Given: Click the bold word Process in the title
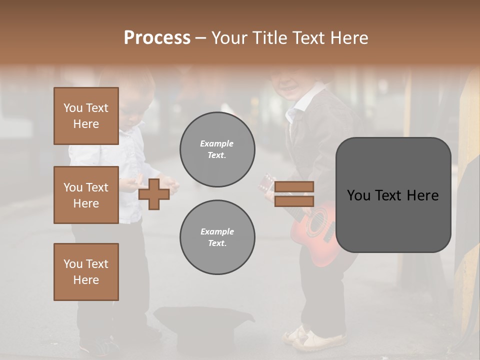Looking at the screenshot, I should tap(157, 38).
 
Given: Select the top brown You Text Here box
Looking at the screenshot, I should tap(86, 116).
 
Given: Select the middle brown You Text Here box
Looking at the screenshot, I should tap(86, 195).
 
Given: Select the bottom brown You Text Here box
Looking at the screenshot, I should tap(86, 271).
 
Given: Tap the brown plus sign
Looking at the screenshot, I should tap(154, 194).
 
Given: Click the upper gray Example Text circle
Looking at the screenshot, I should tap(217, 149).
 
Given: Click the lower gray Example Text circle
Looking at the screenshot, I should tap(217, 237).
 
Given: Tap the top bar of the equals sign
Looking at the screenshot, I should tap(294, 186).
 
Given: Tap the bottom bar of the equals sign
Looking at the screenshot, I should tap(294, 201).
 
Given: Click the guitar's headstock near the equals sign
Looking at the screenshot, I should tap(266, 183).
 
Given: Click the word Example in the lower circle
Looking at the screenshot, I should tap(217, 231).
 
